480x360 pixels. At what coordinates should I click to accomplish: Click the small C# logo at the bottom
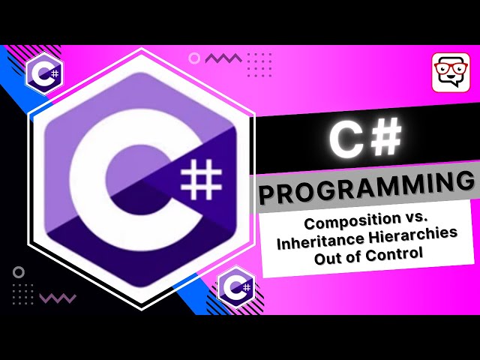click(x=235, y=286)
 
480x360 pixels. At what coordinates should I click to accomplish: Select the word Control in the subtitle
click(x=397, y=255)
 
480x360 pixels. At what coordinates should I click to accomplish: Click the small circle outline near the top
click(x=194, y=58)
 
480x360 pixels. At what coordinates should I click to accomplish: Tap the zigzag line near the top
click(x=223, y=58)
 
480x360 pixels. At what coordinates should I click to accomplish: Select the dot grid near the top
click(x=259, y=64)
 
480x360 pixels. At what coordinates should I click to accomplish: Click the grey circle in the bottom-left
click(x=19, y=272)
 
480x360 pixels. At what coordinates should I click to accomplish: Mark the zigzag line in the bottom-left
click(x=57, y=298)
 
